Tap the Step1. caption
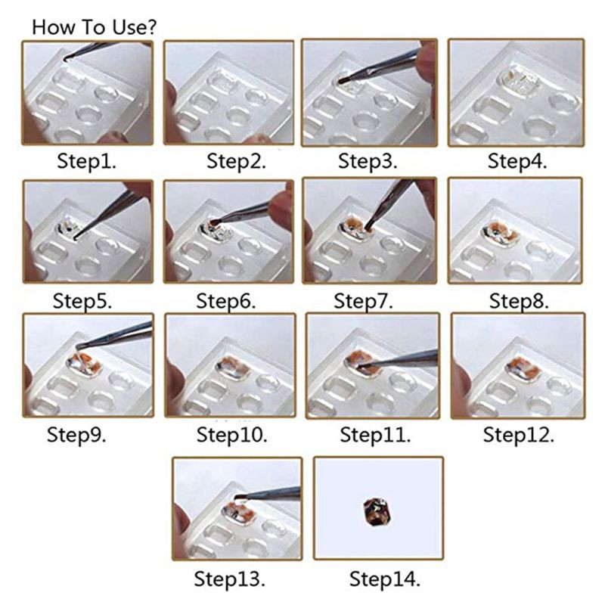pyautogui.click(x=88, y=161)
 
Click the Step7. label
pyautogui.click(x=364, y=300)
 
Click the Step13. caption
pyautogui.click(x=230, y=579)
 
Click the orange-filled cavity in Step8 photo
pyautogui.click(x=501, y=231)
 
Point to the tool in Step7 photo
pyautogui.click(x=389, y=200)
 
